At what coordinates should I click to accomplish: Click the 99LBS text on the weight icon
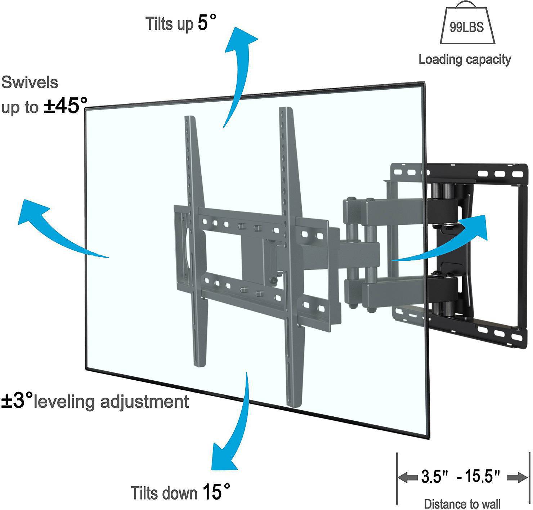[x=467, y=27]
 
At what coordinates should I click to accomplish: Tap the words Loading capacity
[x=465, y=59]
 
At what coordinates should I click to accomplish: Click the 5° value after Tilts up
[x=207, y=23]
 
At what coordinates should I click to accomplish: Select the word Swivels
[x=30, y=82]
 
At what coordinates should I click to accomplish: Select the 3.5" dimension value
[x=434, y=476]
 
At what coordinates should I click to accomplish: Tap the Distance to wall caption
[x=462, y=504]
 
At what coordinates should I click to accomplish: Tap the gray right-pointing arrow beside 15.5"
[x=517, y=478]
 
